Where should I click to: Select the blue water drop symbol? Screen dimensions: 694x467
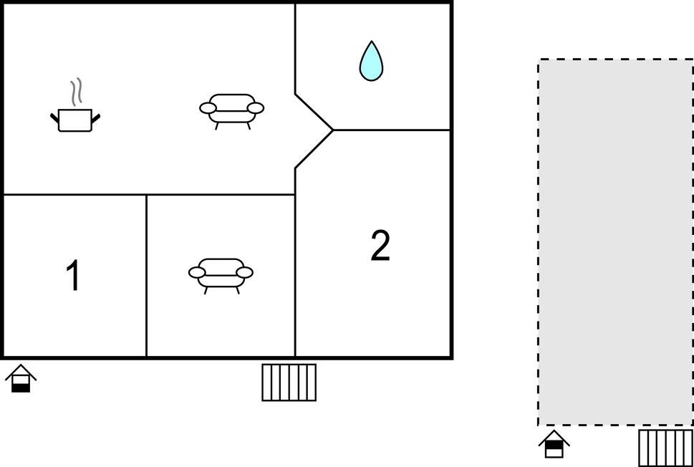(x=371, y=61)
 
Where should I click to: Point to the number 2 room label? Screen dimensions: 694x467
(x=380, y=246)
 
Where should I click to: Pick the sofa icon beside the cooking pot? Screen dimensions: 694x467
(x=231, y=111)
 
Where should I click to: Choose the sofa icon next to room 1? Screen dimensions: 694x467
(x=221, y=276)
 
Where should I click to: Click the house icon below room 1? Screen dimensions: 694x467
(x=20, y=378)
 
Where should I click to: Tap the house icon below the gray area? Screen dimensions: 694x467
(x=554, y=443)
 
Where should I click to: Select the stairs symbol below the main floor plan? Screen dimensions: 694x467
(x=289, y=382)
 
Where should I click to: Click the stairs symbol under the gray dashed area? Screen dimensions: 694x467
(x=665, y=448)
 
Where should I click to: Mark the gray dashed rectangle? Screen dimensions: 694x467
(x=616, y=242)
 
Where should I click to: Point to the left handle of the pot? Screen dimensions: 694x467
(x=54, y=117)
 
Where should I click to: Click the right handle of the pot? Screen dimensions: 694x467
(x=95, y=117)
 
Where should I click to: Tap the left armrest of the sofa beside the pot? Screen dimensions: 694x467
(x=208, y=107)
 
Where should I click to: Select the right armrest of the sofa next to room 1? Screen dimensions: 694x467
(x=245, y=272)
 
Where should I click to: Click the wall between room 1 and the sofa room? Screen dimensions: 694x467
(x=147, y=275)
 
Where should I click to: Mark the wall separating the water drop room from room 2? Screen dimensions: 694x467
(x=391, y=130)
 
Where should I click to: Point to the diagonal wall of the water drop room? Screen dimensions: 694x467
(x=314, y=112)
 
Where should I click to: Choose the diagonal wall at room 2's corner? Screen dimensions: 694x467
(x=314, y=149)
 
